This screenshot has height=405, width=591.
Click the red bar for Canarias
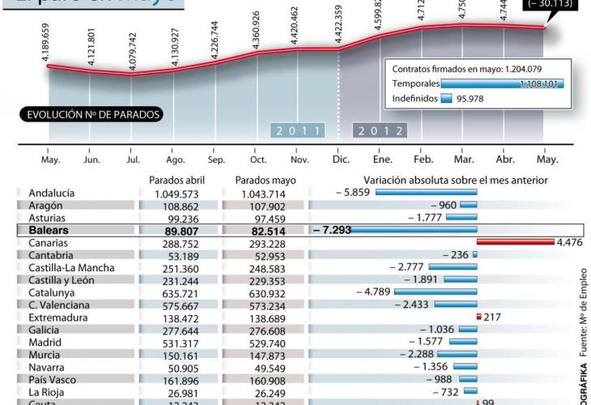point(515,242)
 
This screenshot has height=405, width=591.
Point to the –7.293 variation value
point(333,230)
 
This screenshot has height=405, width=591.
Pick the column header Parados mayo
point(264,180)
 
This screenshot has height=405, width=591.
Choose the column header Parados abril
point(177,180)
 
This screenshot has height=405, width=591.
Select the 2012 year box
point(380,130)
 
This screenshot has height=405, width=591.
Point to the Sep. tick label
point(216,160)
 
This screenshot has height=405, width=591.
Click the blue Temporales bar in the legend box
point(502,83)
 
